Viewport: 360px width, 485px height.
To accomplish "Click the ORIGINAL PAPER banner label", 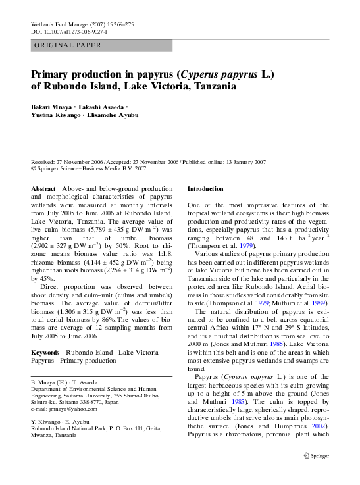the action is (x=67, y=45).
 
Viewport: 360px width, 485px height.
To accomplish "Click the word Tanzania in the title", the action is (x=209, y=86).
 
